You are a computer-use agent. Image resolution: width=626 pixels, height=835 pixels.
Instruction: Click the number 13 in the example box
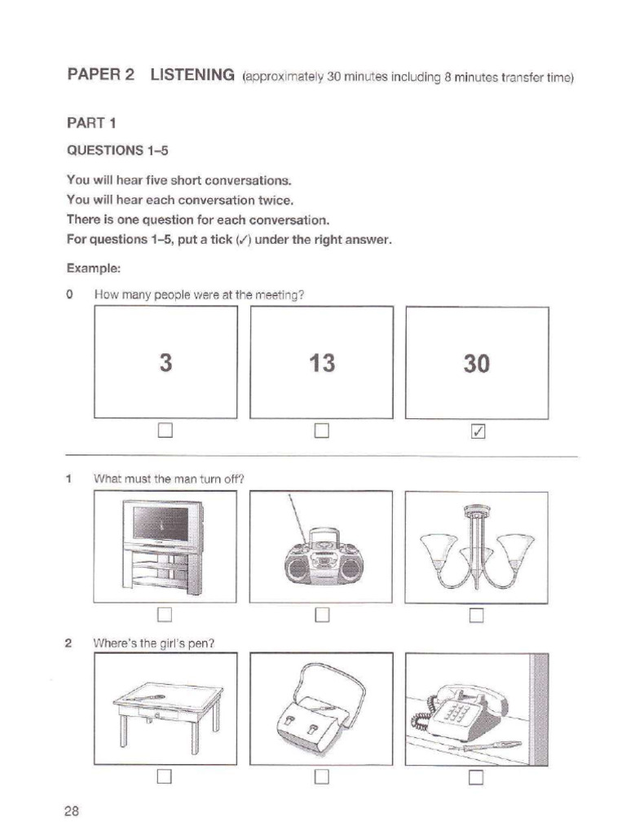(x=322, y=363)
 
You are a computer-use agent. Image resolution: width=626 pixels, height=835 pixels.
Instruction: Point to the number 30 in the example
(x=477, y=364)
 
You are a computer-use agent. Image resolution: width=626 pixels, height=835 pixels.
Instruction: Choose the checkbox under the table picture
(x=165, y=777)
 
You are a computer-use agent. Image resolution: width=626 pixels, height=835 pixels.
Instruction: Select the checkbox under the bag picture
(x=321, y=777)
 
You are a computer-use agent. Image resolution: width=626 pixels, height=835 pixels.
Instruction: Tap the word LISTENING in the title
(x=192, y=76)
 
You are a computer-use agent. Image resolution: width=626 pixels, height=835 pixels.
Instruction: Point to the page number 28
(x=71, y=811)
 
